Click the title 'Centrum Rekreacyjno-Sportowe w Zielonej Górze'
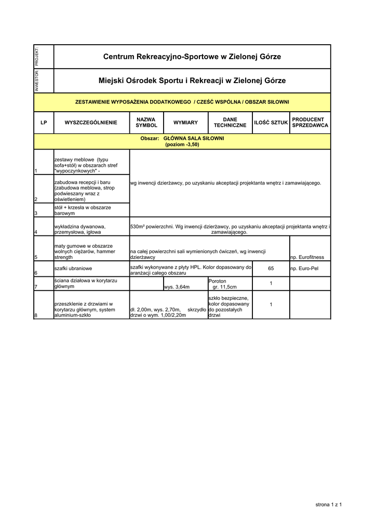tap(192, 56)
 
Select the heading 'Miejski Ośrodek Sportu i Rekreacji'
tap(192, 81)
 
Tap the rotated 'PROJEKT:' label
tap(36, 57)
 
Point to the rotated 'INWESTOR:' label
tap(36, 81)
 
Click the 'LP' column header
tap(44, 123)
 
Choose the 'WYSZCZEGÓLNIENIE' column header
tap(91, 123)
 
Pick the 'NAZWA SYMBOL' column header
tap(146, 123)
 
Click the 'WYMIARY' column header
tap(185, 123)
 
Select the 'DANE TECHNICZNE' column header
tap(230, 123)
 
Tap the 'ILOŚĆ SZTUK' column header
tap(271, 123)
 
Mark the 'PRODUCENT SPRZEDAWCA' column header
tap(310, 123)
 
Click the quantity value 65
tap(271, 269)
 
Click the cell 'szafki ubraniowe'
tap(73, 269)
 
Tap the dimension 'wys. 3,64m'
tap(177, 287)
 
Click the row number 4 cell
tap(36, 232)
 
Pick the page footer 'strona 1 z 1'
tap(329, 504)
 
